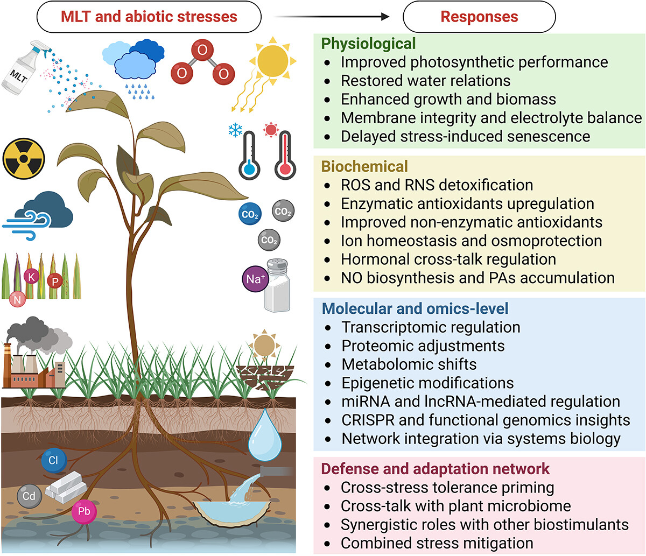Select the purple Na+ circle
[x=255, y=279]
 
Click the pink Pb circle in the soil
[x=84, y=511]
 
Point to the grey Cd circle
[x=29, y=495]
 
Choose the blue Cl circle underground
[x=53, y=461]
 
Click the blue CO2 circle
[x=250, y=214]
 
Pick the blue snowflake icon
[x=235, y=130]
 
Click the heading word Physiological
[x=368, y=44]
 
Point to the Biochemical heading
[x=364, y=166]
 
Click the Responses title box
[x=479, y=17]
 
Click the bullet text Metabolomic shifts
[x=409, y=364]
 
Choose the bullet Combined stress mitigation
[x=437, y=543]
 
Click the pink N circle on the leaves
[x=17, y=299]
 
